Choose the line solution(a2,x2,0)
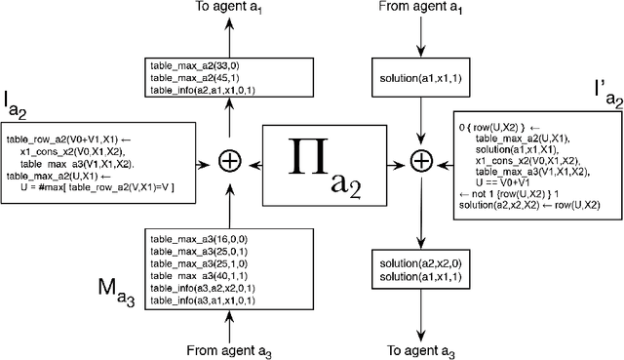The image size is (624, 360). pyautogui.click(x=415, y=263)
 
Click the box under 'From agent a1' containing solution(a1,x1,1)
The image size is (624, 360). pyautogui.click(x=420, y=76)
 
